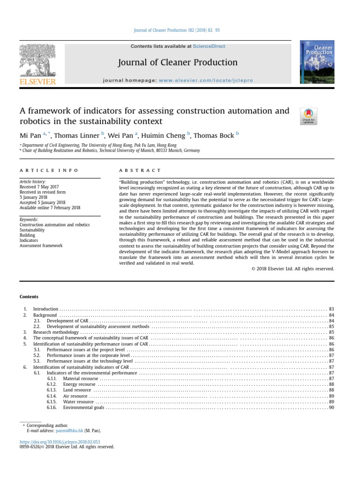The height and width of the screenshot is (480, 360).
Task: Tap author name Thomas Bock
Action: click(214, 136)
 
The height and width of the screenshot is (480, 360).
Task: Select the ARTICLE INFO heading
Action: click(49, 170)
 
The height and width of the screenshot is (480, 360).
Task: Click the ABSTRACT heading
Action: click(141, 170)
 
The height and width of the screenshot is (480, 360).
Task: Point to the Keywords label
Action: click(29, 219)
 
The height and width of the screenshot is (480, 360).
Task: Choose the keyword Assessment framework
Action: click(41, 246)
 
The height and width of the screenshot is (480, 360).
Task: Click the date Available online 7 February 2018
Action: click(50, 208)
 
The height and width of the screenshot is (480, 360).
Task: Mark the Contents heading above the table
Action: click(29, 297)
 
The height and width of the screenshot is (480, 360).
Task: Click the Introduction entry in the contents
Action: click(45, 309)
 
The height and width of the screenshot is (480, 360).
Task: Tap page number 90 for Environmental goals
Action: click(331, 408)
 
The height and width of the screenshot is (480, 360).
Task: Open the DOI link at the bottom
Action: click(60, 442)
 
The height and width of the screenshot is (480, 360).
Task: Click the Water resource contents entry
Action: click(78, 402)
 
